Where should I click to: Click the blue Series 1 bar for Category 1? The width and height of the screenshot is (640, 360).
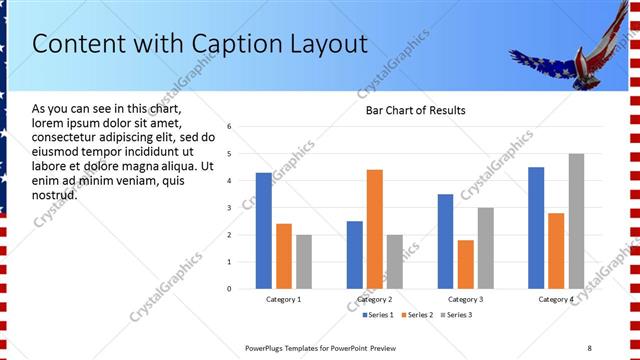tap(263, 231)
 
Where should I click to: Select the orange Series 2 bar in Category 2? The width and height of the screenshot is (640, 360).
tap(375, 229)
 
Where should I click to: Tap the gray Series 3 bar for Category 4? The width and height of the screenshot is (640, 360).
tap(576, 221)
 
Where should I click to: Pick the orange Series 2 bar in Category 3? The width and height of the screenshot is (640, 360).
tap(465, 264)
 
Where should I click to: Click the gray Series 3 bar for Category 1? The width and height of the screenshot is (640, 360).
tap(304, 262)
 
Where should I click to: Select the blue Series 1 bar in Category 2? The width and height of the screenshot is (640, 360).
tap(355, 255)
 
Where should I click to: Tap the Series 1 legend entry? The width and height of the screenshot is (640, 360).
tap(376, 315)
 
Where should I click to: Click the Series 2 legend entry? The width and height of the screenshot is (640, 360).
tap(416, 315)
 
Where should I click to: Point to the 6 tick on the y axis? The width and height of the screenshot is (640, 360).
tap(230, 127)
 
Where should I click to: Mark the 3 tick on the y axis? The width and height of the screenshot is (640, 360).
tap(230, 208)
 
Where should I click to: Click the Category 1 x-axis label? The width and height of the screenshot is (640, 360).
tap(284, 299)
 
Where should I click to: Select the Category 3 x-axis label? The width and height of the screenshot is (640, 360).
tap(465, 299)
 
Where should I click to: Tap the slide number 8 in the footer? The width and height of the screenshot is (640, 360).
tap(589, 347)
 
